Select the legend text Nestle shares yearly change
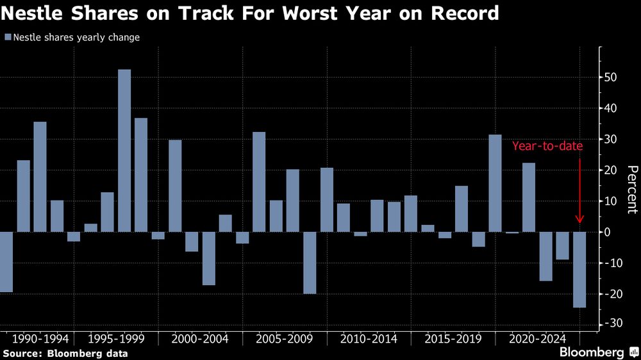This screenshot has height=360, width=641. coord(76,37)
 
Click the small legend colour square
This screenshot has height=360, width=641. coord(7,37)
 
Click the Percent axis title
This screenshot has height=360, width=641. coord(631,190)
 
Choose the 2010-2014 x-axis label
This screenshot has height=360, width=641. coord(369,338)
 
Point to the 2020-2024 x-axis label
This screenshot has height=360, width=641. coord(537,338)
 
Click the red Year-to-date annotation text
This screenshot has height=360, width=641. coord(547,146)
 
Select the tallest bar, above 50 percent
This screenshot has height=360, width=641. coord(124,151)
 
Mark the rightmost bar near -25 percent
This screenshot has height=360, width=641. coord(579,270)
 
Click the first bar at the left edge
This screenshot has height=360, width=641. coord(6,262)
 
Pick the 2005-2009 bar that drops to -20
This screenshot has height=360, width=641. coord(310,263)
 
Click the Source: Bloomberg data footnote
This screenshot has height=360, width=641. coord(65,353)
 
